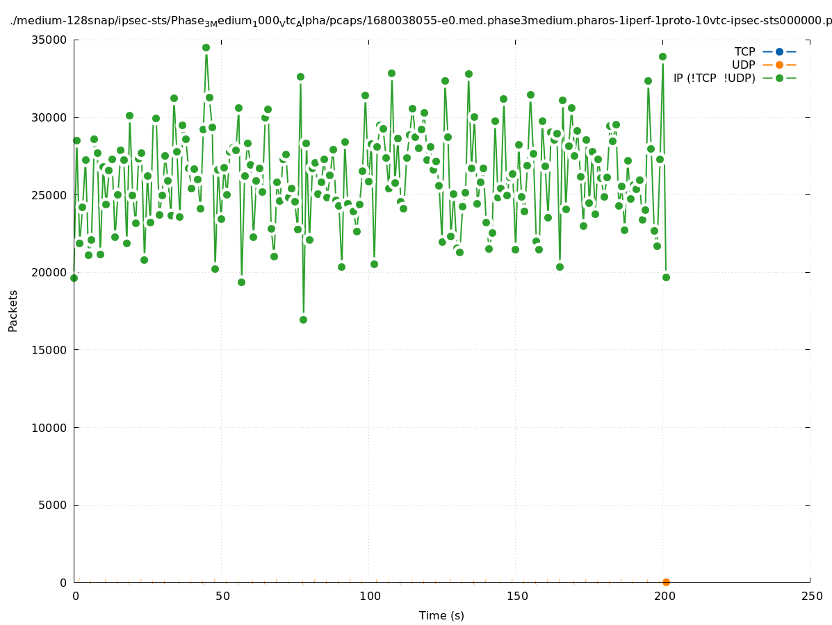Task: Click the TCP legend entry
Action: point(744,51)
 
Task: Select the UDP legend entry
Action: point(743,65)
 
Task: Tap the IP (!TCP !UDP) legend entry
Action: point(714,78)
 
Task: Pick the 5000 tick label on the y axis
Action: point(56,505)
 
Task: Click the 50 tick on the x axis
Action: point(222,596)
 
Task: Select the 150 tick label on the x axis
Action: point(516,596)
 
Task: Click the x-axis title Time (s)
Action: point(441,615)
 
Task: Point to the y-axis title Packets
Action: point(13,310)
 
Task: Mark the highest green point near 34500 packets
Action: point(206,47)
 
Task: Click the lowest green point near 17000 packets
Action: point(303,319)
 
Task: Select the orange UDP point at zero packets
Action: point(666,582)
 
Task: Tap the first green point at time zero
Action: point(74,278)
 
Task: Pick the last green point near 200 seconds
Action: point(666,277)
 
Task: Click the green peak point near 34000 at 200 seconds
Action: point(662,56)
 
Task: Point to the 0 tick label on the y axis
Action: point(63,583)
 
